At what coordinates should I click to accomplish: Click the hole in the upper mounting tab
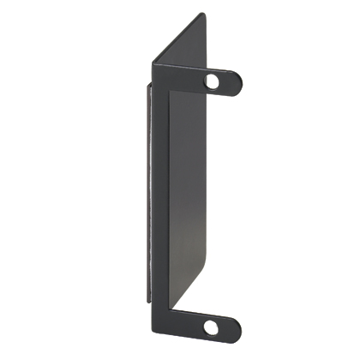tap(213, 81)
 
